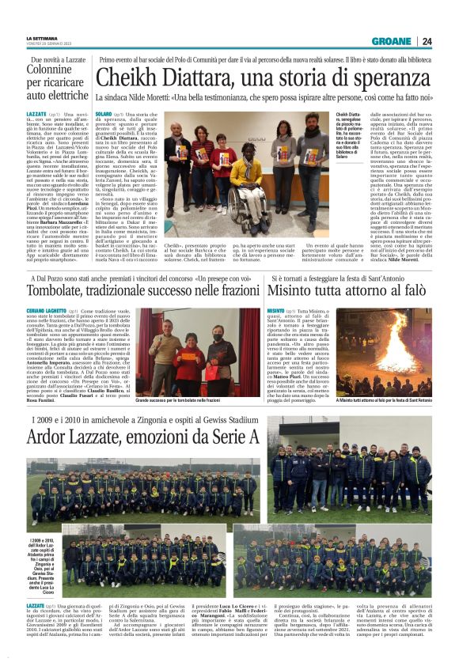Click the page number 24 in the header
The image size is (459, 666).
point(427,41)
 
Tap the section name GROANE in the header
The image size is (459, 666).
point(392,41)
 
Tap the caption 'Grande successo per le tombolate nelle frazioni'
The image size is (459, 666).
point(184,401)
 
